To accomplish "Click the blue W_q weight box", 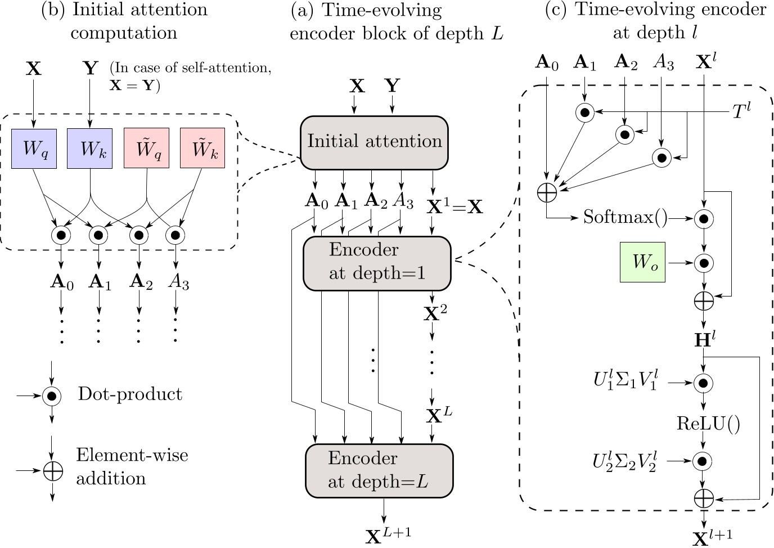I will (34, 148).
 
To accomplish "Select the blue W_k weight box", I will (89, 148).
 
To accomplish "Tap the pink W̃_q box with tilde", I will (146, 148).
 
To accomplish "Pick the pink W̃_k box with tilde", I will (202, 148).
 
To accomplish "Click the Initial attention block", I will (374, 141).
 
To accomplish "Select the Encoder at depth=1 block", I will (377, 263).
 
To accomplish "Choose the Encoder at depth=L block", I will (379, 470).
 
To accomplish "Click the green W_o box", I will (642, 262).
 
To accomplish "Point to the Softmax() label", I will (625, 217).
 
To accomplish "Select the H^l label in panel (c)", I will (704, 339).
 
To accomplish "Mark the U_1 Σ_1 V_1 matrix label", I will (625, 383).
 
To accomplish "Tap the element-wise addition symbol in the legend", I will (52, 471).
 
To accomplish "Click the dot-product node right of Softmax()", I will (703, 218).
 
